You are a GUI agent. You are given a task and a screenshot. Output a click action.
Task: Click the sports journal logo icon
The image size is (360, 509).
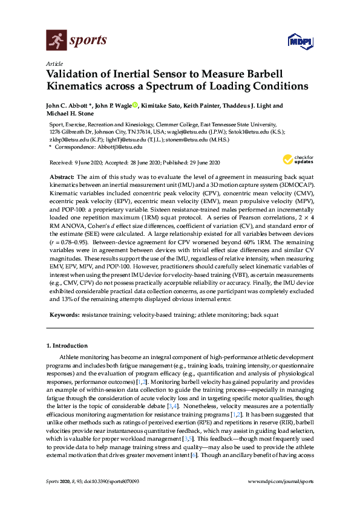tap(56, 41)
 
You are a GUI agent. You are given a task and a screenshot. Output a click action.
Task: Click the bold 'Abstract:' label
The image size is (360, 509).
tap(61, 175)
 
